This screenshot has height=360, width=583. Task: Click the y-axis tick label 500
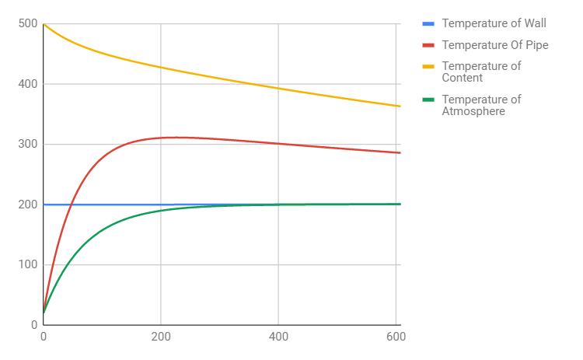tap(27, 24)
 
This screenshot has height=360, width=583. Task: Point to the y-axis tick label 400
tap(27, 84)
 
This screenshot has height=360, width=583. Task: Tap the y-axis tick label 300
tap(27, 144)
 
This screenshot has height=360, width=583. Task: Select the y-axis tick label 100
tap(27, 264)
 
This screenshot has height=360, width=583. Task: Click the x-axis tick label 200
tap(160, 337)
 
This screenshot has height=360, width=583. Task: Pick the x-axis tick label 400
tap(278, 337)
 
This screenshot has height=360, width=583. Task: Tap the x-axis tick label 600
tap(395, 337)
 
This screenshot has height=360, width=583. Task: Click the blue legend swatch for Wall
tap(428, 24)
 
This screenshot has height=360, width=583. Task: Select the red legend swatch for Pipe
tap(428, 46)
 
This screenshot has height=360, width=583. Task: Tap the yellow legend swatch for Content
tap(428, 67)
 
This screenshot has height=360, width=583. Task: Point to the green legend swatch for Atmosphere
tap(428, 100)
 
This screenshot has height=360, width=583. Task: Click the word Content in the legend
tap(463, 78)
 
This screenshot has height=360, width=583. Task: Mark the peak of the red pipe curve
tap(177, 138)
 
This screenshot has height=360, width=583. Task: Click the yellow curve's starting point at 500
tap(44, 24)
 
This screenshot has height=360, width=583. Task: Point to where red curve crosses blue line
tap(72, 204)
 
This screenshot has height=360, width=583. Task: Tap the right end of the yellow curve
tap(400, 107)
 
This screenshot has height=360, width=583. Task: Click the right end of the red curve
tap(400, 152)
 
